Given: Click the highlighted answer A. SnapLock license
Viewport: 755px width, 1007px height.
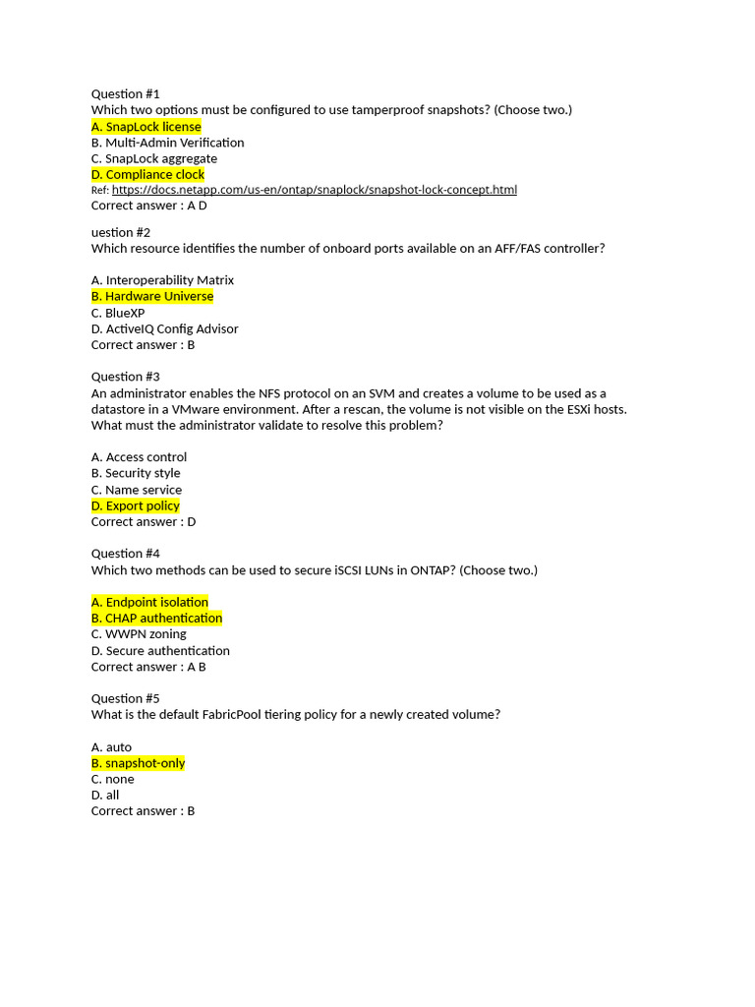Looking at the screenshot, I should (x=146, y=126).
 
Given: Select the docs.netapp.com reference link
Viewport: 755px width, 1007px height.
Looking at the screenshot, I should (x=314, y=189).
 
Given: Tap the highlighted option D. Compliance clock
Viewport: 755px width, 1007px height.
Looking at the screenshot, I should (x=147, y=174).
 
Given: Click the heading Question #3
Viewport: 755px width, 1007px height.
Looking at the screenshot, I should (x=125, y=377).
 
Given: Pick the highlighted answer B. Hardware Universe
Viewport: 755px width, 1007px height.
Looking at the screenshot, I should (x=152, y=296).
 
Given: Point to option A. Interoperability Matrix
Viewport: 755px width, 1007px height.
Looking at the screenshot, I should (x=162, y=280).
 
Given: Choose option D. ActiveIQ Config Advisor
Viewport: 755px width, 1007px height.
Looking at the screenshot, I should (x=164, y=328).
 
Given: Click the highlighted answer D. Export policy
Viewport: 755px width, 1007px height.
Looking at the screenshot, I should (x=136, y=505).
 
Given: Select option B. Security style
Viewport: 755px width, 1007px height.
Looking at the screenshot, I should (x=136, y=473).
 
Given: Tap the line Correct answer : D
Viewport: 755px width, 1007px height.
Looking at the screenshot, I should (x=144, y=521).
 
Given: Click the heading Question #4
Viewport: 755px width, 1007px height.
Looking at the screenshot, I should (x=125, y=554).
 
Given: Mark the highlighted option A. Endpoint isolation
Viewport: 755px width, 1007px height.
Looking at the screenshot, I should (x=149, y=602).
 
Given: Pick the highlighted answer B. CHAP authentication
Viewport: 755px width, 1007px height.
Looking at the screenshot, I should (x=156, y=618).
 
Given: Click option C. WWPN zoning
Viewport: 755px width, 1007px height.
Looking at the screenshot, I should (x=139, y=634).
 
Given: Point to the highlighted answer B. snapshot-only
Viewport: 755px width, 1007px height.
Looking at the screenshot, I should (x=138, y=763).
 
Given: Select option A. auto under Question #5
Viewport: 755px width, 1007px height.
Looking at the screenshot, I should (x=111, y=747).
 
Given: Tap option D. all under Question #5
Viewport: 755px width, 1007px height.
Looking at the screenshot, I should (x=105, y=795).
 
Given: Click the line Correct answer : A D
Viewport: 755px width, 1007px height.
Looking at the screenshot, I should (x=148, y=206).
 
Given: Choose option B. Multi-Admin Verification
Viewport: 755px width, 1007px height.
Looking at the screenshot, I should (x=167, y=143).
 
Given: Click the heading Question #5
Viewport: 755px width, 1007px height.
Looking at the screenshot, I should (x=125, y=698).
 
